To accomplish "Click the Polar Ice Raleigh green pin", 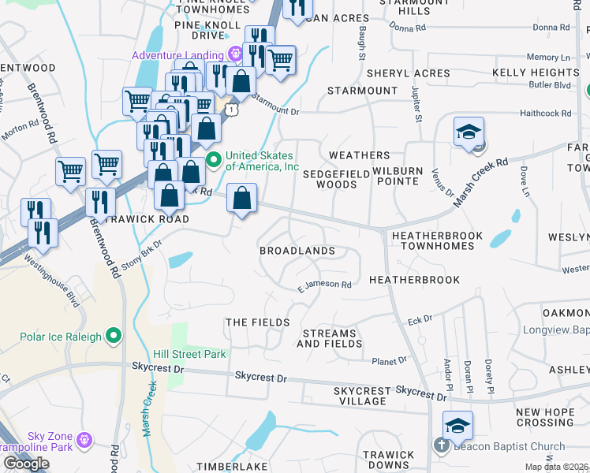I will [114, 337].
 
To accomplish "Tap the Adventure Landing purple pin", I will [234, 54].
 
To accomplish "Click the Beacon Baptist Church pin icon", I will [441, 446].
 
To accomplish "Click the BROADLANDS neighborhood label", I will [297, 251].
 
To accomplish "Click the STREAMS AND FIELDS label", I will [330, 337].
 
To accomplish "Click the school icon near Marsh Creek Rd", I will [469, 132].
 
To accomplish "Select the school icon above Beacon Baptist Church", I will [457, 426].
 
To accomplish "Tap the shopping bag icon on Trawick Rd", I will [242, 199].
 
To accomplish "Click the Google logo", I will [26, 464].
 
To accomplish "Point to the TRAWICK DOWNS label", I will [388, 460].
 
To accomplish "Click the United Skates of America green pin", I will [213, 160].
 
